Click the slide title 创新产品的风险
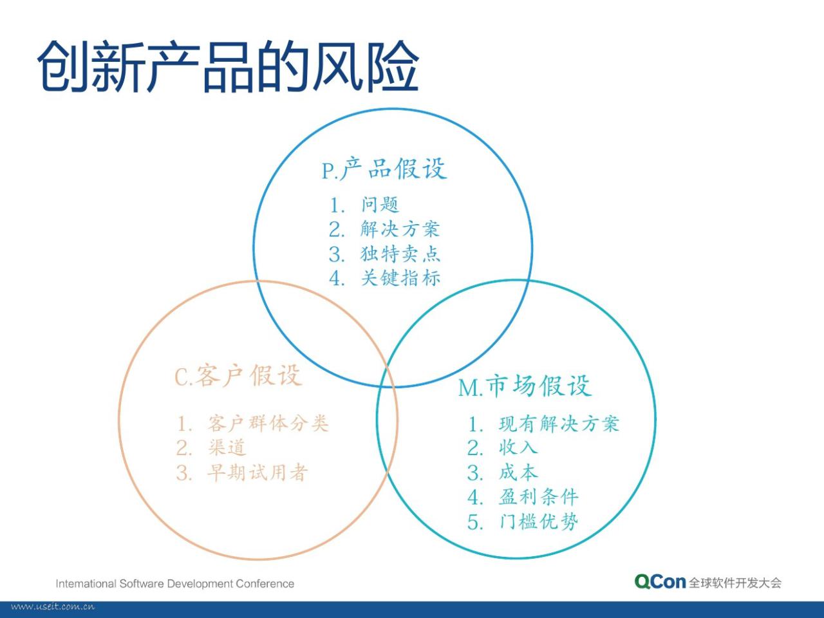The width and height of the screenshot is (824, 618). pos(228,66)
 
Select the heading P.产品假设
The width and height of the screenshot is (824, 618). pos(384,169)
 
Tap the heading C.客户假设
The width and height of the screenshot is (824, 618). pos(238,375)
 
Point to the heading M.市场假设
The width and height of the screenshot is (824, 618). pos(525,386)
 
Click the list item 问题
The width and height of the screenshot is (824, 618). pos(380,205)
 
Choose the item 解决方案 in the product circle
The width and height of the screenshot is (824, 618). pos(400,229)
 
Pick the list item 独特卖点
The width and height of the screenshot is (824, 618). pos(400,254)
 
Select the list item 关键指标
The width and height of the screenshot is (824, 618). pos(400,278)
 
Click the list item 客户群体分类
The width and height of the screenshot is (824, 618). pos(268,423)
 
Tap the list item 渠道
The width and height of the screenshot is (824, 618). pos(227,447)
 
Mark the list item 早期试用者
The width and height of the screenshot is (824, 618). pos(258,472)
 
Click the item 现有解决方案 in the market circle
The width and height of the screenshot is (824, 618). pos(559,424)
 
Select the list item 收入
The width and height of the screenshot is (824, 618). pos(518,447)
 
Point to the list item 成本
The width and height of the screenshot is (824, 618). pos(518,473)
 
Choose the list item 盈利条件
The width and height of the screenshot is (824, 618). pos(539,497)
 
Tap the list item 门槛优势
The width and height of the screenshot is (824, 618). pos(539,521)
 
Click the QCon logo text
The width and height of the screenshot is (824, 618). pos(660,581)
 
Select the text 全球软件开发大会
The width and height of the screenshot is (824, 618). pos(735,583)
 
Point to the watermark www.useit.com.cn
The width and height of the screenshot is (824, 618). pos(53,607)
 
